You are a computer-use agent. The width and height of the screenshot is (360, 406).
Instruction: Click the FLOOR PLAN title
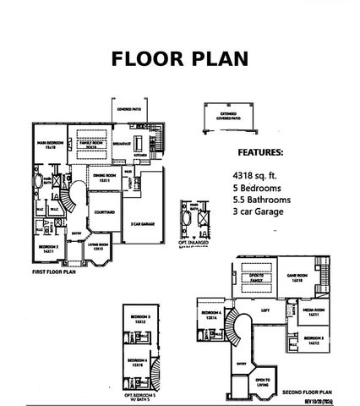(179, 58)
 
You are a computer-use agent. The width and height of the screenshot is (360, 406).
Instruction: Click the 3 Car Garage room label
(140, 224)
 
